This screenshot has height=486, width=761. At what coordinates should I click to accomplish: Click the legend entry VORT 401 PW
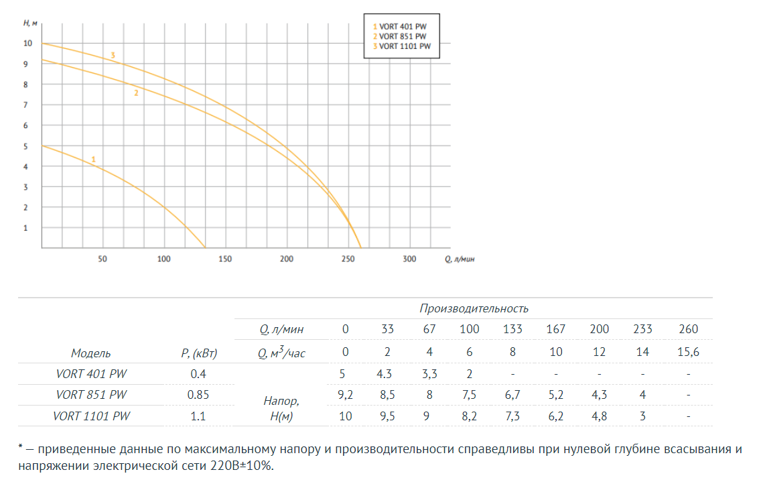400,26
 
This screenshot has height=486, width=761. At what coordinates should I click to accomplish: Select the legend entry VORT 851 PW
400,36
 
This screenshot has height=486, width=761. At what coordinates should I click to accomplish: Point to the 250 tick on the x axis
348,259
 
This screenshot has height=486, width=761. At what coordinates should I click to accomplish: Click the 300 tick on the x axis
409,259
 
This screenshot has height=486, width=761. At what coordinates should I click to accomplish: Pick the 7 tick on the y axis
26,105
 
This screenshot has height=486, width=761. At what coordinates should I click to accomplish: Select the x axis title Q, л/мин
460,259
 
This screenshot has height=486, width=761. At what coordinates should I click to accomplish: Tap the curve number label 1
94,159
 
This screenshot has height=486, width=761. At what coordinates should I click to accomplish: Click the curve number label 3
113,54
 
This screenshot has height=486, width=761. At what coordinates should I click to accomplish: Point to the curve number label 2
136,93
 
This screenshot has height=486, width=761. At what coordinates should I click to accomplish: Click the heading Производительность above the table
474,308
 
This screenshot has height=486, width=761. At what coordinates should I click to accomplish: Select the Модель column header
91,353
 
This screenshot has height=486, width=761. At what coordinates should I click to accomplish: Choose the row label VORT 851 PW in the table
91,395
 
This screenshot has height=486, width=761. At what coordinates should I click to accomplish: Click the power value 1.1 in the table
198,416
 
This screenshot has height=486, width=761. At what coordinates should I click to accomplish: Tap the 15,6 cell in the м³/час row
688,352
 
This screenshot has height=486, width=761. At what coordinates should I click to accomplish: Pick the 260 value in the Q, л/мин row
688,329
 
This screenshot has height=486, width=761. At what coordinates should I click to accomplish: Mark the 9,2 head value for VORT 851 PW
346,394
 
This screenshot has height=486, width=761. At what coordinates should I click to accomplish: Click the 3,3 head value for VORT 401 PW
429,373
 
